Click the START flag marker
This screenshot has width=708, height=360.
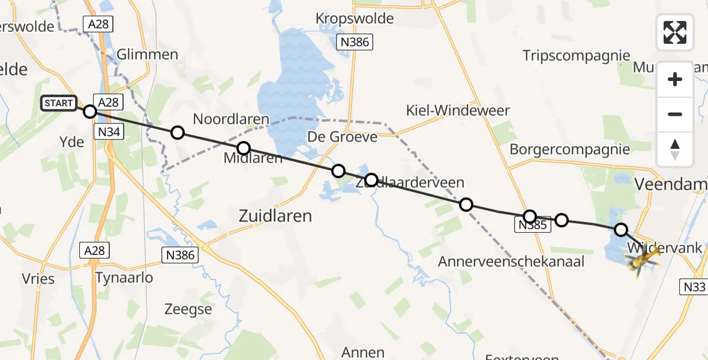[x=58, y=103]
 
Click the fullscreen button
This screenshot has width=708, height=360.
[x=675, y=32]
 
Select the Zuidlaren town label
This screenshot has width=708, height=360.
[x=275, y=215]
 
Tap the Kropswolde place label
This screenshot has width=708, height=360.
[x=355, y=19]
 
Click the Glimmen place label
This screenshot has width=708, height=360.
[x=148, y=55]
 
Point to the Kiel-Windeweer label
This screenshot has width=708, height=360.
[x=458, y=110]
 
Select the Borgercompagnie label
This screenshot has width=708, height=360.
[x=569, y=149]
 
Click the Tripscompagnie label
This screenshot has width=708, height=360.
[x=576, y=56]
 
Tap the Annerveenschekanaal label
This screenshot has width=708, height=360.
[x=511, y=262]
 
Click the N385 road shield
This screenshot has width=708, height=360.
[x=531, y=226]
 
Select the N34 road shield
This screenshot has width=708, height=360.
[x=108, y=131]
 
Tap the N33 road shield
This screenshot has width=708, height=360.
[x=694, y=287]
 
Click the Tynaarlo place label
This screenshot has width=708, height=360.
[x=124, y=278]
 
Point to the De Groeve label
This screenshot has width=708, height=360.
[x=342, y=137]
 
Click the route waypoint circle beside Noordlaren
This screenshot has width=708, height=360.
[x=177, y=133]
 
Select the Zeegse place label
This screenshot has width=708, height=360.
[x=188, y=310]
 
